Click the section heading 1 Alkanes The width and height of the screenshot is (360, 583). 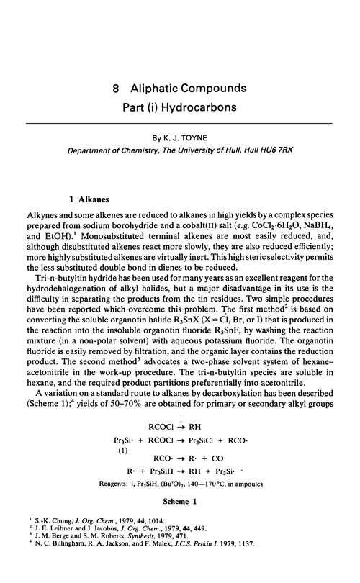click(x=86, y=194)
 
